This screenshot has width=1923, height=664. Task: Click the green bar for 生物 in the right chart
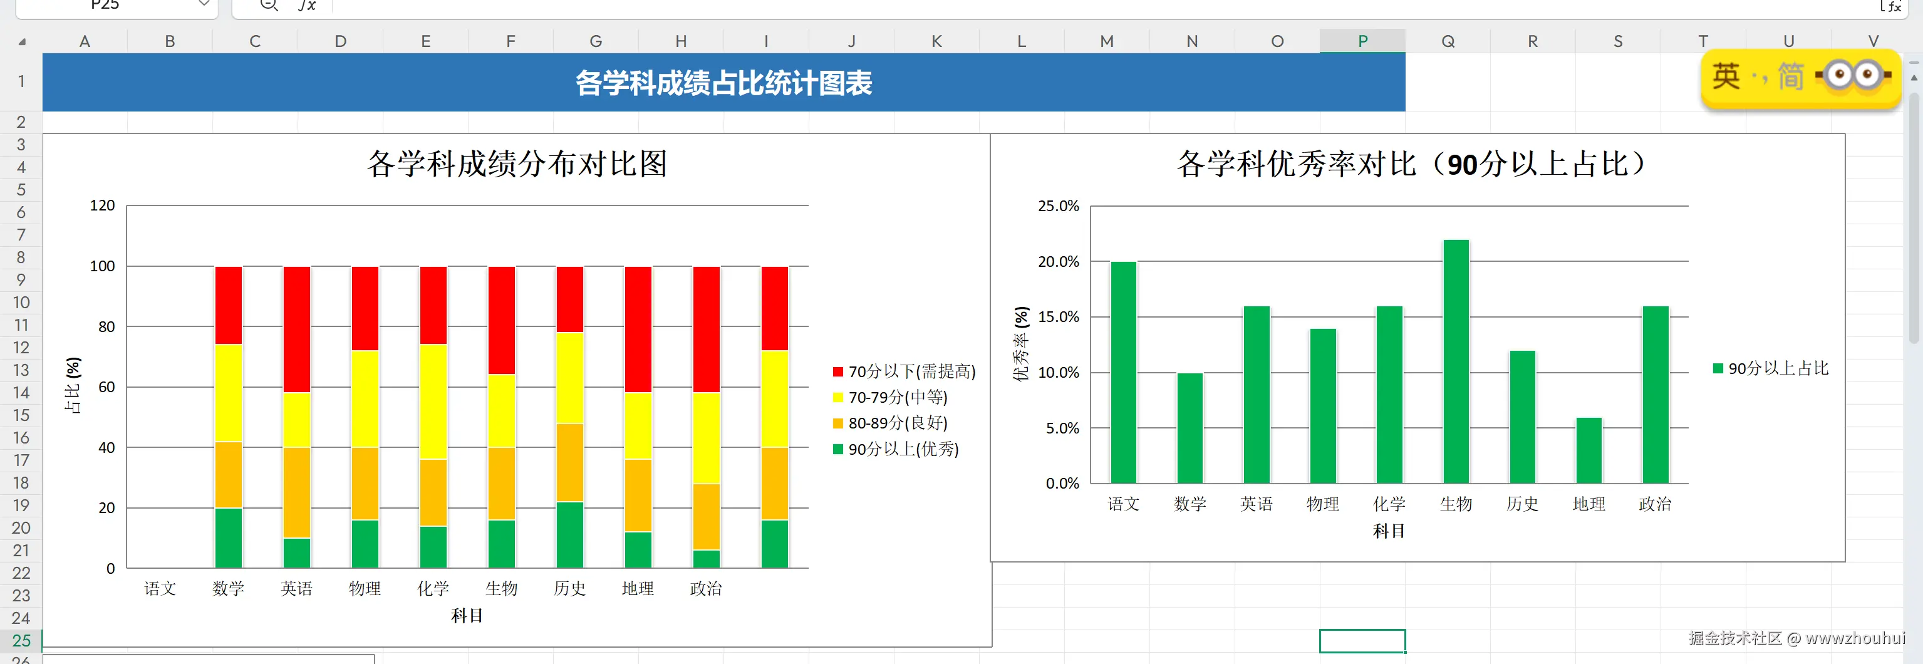(1456, 361)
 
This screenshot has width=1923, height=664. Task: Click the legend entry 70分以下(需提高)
(904, 371)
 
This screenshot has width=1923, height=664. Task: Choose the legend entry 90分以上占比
(1771, 368)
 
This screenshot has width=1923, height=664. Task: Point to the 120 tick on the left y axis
(102, 205)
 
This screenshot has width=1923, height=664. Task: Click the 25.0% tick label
(1058, 206)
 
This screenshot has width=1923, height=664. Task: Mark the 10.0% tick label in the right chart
(1058, 373)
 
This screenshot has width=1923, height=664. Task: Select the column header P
(1362, 41)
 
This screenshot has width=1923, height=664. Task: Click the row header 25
(21, 641)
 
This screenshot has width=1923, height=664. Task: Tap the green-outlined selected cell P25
(1362, 641)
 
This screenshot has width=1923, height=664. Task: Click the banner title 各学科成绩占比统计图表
(723, 83)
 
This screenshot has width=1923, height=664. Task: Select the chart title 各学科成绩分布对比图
(517, 163)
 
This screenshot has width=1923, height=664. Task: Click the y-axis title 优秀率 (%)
(1020, 343)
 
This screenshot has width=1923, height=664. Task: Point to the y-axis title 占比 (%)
(73, 385)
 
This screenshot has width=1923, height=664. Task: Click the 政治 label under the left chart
(705, 589)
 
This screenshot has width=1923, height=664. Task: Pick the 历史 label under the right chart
(1522, 504)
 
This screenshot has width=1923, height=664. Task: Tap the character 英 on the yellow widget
(1726, 76)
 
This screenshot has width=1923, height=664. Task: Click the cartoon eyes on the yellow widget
(1853, 75)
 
